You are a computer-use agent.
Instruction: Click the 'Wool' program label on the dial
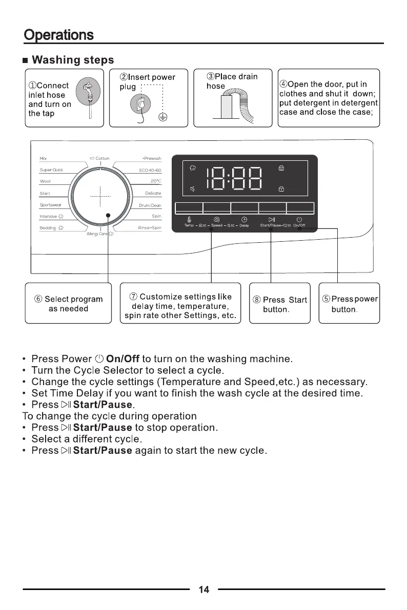coord(45,181)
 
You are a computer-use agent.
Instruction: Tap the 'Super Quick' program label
coord(51,170)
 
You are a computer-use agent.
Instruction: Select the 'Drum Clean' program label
coord(150,205)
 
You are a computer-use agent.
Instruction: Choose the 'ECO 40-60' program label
coord(150,170)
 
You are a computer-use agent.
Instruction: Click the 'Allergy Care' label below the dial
coord(99,234)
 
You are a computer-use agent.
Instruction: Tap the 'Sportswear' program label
coord(50,205)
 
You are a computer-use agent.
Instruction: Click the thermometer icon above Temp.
coord(190,220)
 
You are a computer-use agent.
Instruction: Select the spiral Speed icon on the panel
coord(217,220)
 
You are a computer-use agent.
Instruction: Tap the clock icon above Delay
coord(245,220)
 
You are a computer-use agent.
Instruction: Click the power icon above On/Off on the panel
coord(299,220)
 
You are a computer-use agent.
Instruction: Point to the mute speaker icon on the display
coord(192,189)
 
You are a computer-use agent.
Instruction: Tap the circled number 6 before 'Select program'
coord(38,299)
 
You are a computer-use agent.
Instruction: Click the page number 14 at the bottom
coord(203,590)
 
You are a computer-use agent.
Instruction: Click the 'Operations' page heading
coord(59,35)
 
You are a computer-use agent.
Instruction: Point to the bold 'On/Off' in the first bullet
coord(123,359)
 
